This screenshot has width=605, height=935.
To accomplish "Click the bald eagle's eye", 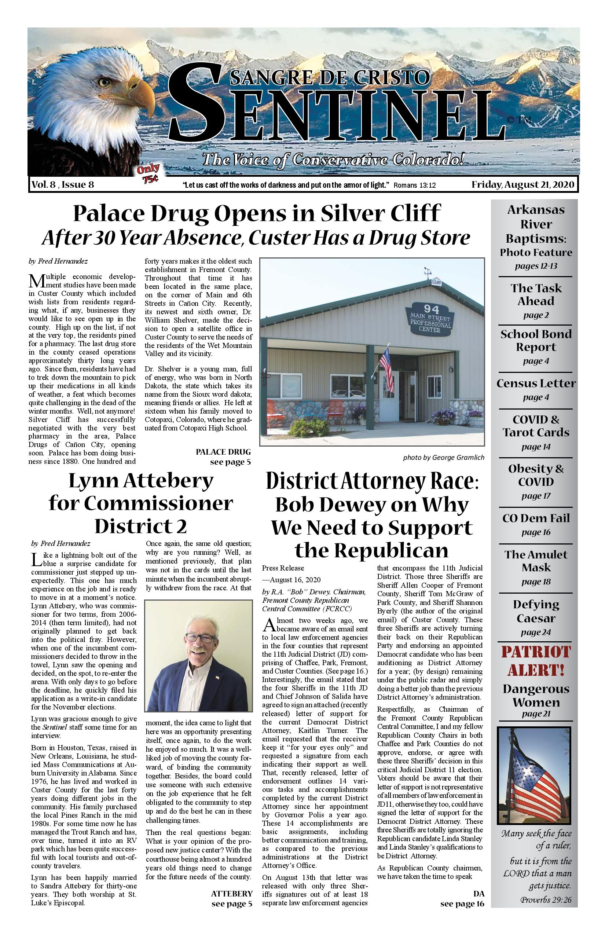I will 104,82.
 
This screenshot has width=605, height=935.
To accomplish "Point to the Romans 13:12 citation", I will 414,186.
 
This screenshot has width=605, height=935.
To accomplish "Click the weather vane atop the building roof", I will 428,271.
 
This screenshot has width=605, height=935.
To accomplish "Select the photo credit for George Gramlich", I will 443,457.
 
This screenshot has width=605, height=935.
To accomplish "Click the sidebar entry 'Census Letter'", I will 536,384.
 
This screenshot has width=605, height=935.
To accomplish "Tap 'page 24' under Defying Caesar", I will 536,632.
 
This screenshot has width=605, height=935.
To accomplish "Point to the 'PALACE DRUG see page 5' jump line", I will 223,457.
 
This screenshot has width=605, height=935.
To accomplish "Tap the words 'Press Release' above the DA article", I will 283,568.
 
